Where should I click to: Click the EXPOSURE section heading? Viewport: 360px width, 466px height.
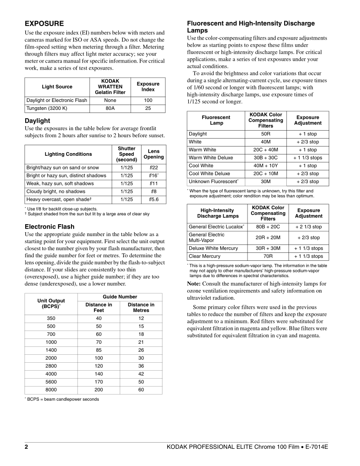44,23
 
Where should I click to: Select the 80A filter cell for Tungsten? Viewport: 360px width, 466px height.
108,108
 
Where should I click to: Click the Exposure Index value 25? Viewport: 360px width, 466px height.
148,108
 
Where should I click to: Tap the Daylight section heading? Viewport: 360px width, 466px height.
37,120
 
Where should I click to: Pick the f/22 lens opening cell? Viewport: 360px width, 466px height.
154,168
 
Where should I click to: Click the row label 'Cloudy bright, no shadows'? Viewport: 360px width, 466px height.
56,192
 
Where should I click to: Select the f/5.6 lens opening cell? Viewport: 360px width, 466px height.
154,199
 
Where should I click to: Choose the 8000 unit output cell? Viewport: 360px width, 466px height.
51,390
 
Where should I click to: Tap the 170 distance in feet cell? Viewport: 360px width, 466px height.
98,382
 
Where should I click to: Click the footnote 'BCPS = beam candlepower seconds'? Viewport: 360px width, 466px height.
63,399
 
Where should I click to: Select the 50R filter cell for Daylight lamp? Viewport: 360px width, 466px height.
266,134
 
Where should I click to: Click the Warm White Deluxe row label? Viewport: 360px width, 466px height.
211,158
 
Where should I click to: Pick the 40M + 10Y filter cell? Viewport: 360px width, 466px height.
266,165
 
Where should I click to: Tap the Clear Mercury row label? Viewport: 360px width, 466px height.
204,256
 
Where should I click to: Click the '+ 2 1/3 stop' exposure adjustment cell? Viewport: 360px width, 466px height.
308,227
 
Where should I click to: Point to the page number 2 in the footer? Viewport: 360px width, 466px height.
26,447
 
